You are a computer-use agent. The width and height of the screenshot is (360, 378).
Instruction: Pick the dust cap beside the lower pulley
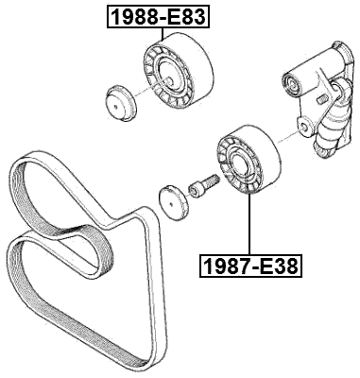coord(173,200)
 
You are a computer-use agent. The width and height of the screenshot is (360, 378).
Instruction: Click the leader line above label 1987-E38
coord(249,227)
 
